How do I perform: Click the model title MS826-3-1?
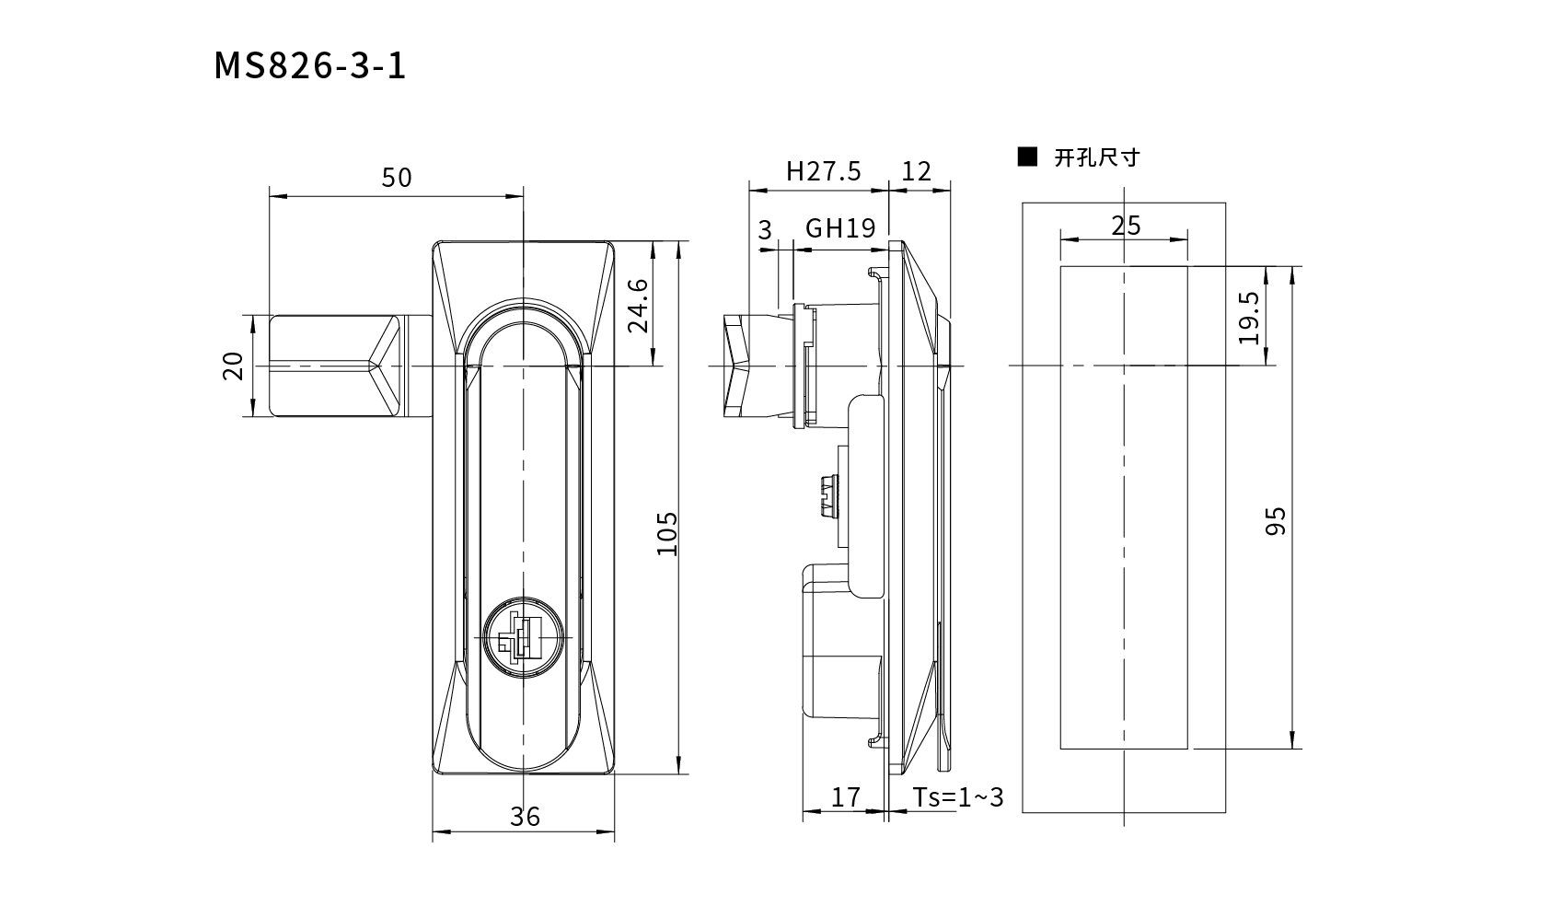(309, 66)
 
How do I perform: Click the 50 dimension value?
(397, 178)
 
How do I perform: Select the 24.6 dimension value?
(638, 306)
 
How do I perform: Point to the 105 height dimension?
(667, 533)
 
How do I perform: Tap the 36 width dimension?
(525, 817)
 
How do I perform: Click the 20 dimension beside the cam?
(233, 366)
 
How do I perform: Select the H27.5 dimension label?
(824, 171)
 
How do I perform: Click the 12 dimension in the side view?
(917, 171)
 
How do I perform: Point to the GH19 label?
(840, 227)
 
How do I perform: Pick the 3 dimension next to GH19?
(765, 230)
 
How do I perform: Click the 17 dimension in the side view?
(845, 797)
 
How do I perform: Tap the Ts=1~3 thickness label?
(957, 797)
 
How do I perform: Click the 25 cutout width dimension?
(1126, 226)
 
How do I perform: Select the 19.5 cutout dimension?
(1249, 318)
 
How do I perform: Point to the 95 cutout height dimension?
(1276, 521)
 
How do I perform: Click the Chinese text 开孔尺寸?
(1097, 157)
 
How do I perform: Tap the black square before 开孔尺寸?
(1027, 157)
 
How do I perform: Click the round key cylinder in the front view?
(523, 637)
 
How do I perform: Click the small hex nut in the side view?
(828, 495)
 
